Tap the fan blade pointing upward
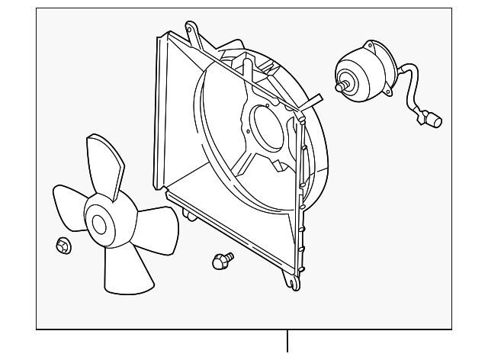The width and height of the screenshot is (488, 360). coord(104,165)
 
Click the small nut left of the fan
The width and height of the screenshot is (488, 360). coord(63,246)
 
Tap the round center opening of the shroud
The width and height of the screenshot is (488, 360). coord(269,127)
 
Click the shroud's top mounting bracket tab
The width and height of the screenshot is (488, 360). coord(195,34)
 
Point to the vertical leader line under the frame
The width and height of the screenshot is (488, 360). coord(287,341)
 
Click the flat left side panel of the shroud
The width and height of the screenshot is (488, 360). coord(161,114)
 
